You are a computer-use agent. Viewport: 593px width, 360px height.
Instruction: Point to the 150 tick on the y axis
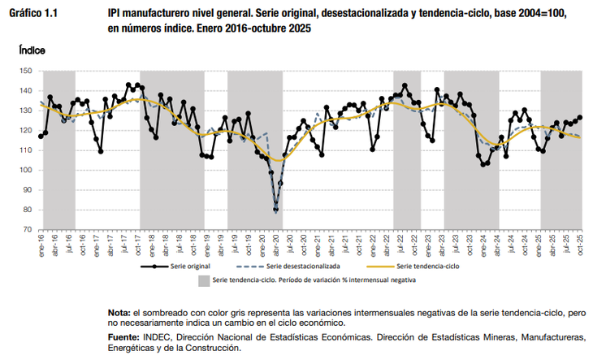(x=27, y=72)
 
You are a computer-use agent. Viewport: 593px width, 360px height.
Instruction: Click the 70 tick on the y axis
(x=29, y=229)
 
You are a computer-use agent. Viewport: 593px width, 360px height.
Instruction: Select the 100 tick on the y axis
(x=27, y=170)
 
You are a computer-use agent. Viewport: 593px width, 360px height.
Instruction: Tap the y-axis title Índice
(x=32, y=50)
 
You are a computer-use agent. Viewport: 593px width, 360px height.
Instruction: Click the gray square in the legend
(x=203, y=280)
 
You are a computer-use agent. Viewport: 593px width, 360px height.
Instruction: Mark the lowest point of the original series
(x=276, y=210)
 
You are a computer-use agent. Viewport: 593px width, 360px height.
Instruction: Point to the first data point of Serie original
(x=41, y=136)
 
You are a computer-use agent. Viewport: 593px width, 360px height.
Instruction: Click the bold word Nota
(x=118, y=313)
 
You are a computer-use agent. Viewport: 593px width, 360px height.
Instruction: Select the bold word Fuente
(x=123, y=336)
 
